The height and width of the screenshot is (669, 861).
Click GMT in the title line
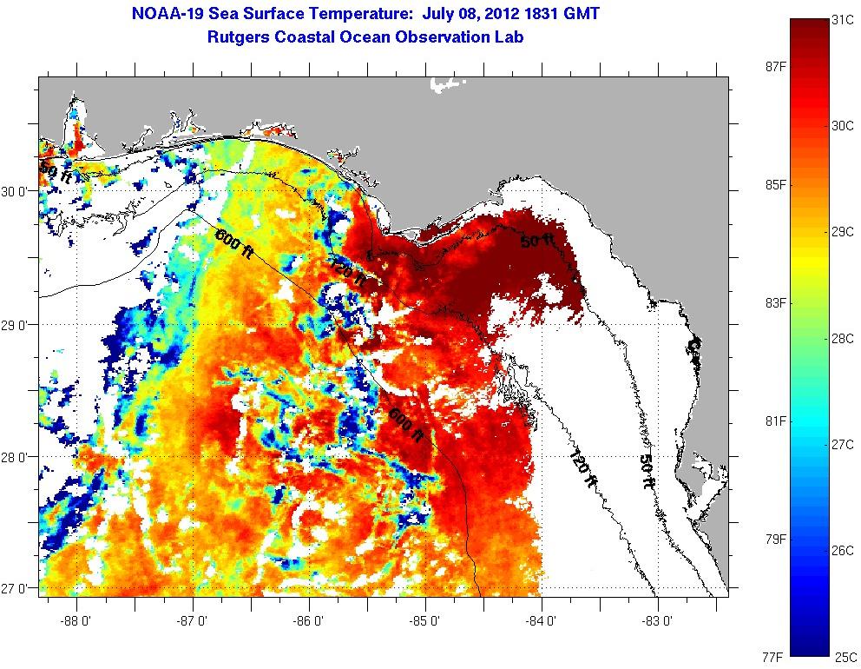pyautogui.click(x=578, y=14)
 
